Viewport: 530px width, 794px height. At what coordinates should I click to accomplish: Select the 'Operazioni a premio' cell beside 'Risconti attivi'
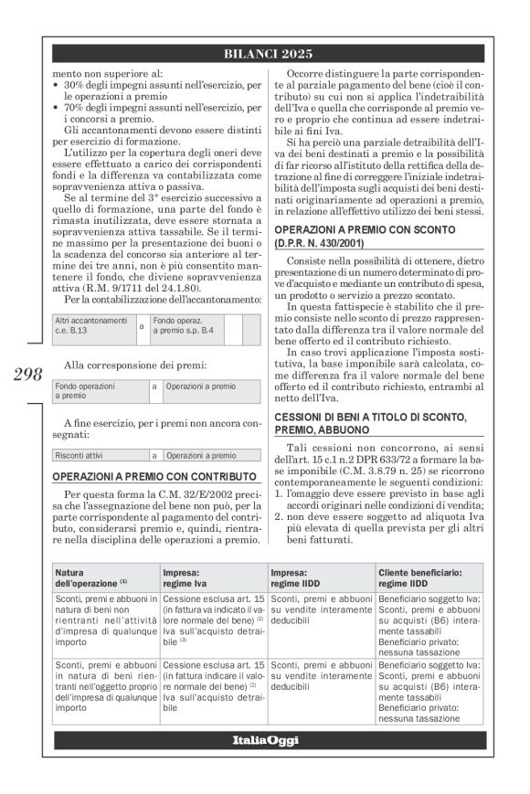[200, 454]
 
